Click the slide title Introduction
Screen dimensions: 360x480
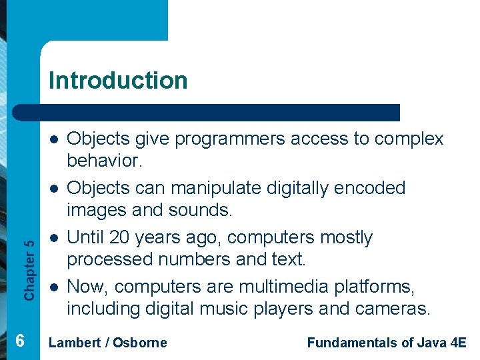tap(118, 81)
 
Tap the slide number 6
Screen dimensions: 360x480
tap(20, 341)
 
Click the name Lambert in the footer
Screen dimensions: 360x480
tap(74, 343)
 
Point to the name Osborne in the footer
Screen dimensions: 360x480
tap(140, 343)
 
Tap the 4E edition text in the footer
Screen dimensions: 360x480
tap(458, 343)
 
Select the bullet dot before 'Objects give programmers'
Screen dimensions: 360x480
tap(55, 139)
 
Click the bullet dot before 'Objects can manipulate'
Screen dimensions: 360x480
tap(55, 189)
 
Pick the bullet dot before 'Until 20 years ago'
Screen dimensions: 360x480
tap(55, 238)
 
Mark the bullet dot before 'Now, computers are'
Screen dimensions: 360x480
tap(55, 287)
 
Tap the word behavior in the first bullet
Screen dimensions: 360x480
tap(109, 161)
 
